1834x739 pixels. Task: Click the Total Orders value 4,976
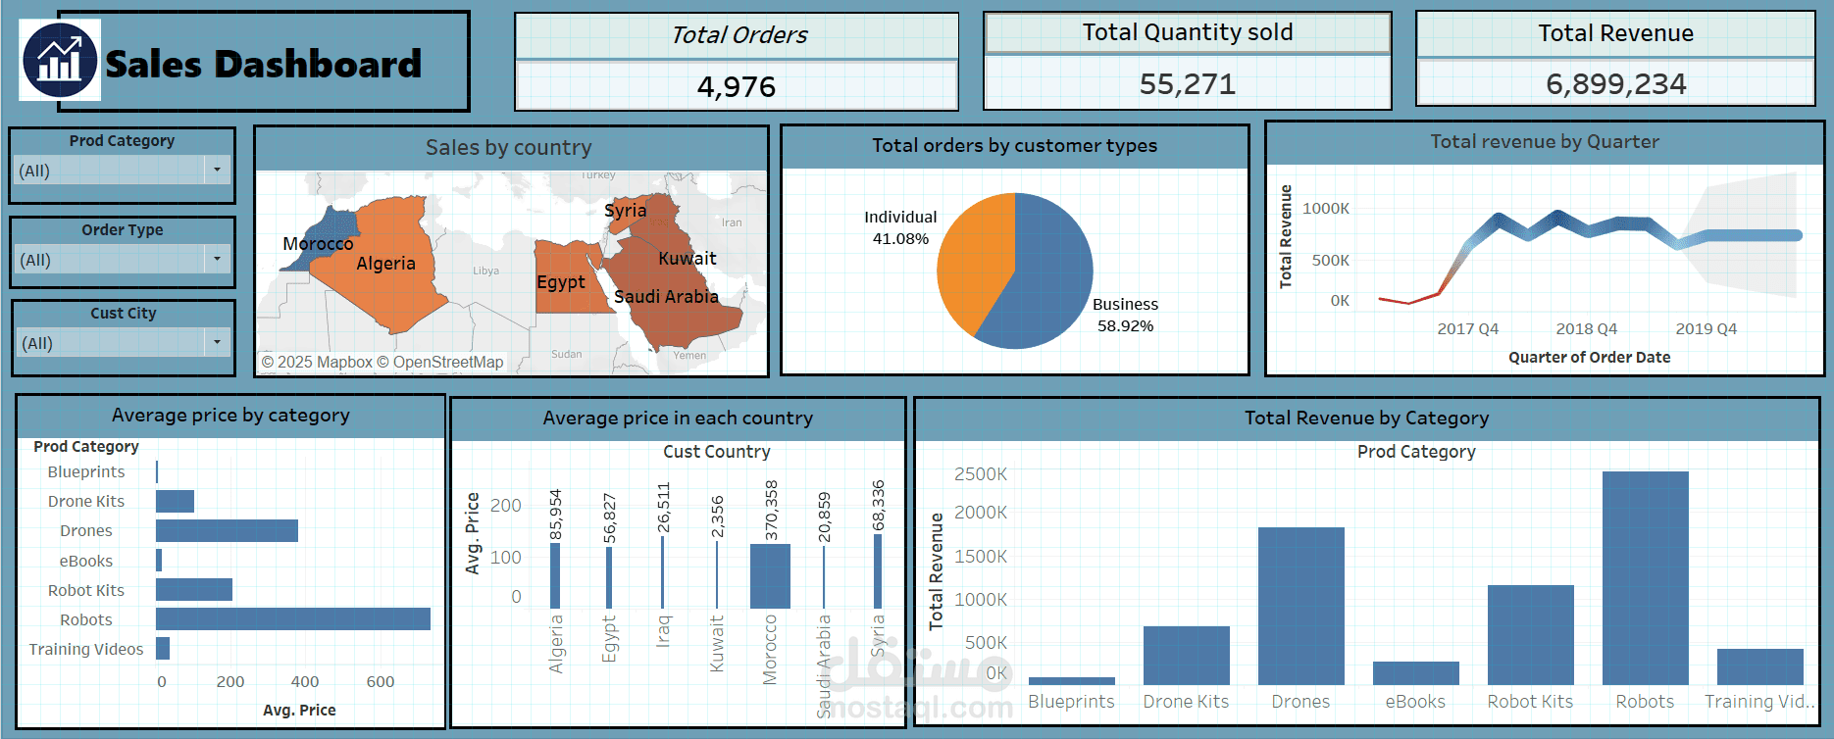[x=736, y=87]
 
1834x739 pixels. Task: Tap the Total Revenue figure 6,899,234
[x=1615, y=84]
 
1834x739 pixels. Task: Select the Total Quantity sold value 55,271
[x=1187, y=84]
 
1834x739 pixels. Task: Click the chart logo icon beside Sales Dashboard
[x=60, y=61]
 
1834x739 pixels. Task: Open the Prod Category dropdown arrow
[x=217, y=170]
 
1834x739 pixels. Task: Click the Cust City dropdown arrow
[x=217, y=342]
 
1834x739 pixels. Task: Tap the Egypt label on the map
[x=561, y=282]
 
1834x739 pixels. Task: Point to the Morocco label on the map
[x=318, y=243]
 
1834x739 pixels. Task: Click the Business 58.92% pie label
[x=1125, y=315]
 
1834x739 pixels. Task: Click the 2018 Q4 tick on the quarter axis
[x=1586, y=328]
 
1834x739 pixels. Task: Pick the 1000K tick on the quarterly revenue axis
[x=1325, y=209]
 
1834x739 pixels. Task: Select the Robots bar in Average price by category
[x=292, y=618]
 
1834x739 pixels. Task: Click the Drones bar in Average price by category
[x=227, y=530]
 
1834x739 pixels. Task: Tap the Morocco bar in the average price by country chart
[x=770, y=576]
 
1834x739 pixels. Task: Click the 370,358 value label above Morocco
[x=771, y=510]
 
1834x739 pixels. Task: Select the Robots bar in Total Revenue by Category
[x=1645, y=578]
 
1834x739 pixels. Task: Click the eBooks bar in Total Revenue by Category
[x=1415, y=673]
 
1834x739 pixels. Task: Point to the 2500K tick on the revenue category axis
[x=980, y=474]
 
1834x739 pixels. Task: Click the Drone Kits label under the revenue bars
[x=1186, y=702]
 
